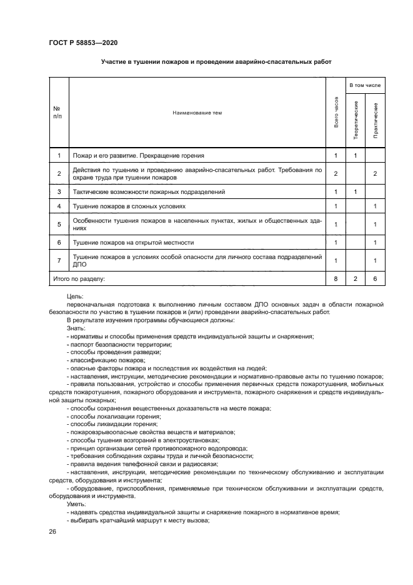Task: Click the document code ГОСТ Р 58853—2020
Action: (x=83, y=43)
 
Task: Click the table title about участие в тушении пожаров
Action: (x=216, y=63)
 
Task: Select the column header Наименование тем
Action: (x=197, y=113)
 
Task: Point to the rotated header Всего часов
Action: (x=336, y=113)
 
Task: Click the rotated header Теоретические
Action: (x=356, y=119)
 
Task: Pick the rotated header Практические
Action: (x=376, y=119)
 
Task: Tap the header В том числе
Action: (x=366, y=84)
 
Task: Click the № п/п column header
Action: (x=58, y=113)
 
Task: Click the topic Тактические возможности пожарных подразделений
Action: (x=149, y=191)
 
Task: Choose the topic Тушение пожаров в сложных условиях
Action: (x=129, y=206)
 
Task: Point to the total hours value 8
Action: (x=336, y=278)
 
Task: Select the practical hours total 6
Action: (x=376, y=278)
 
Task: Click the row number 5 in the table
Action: (x=59, y=224)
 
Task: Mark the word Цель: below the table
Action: (x=74, y=296)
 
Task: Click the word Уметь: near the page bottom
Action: (x=77, y=504)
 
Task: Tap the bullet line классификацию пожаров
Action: (x=107, y=360)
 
